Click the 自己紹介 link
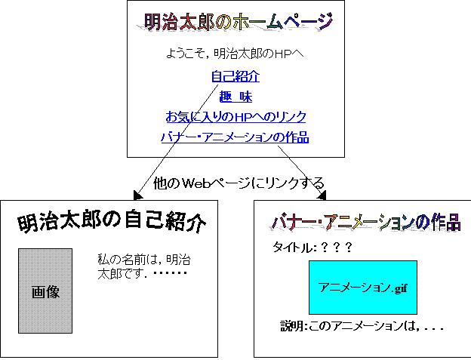235,76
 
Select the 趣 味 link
235,97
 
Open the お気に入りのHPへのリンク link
235,117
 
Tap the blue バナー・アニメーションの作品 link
235,137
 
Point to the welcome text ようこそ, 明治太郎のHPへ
235,54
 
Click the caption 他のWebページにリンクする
239,183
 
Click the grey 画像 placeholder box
45,291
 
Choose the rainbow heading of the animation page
365,223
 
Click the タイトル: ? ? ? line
312,248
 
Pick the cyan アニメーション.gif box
363,288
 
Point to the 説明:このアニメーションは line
362,326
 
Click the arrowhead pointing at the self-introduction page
137,195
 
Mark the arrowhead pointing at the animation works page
322,195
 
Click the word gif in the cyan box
401,288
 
